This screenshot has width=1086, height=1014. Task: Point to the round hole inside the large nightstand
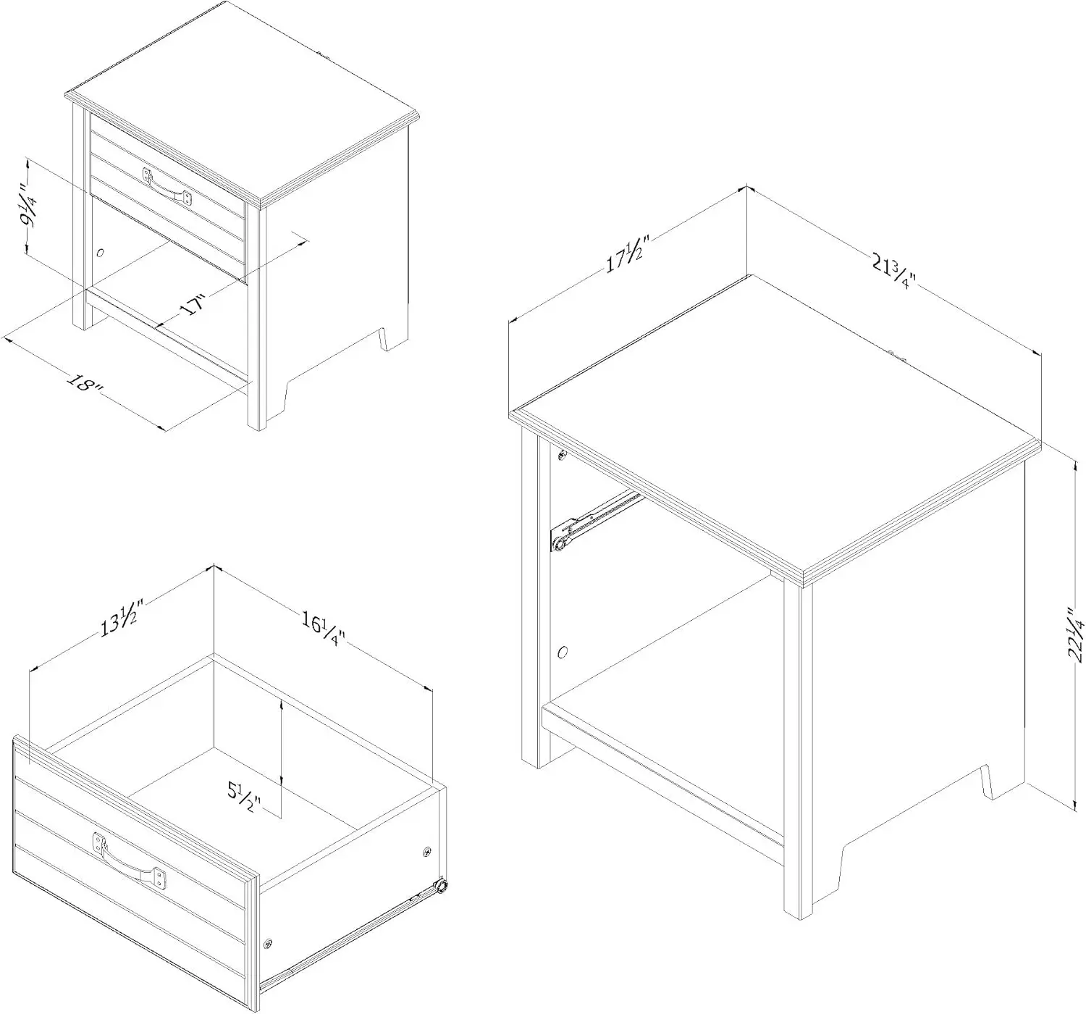563,651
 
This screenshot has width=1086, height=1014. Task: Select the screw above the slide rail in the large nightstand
561,456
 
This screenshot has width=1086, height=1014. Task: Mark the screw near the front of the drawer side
269,943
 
